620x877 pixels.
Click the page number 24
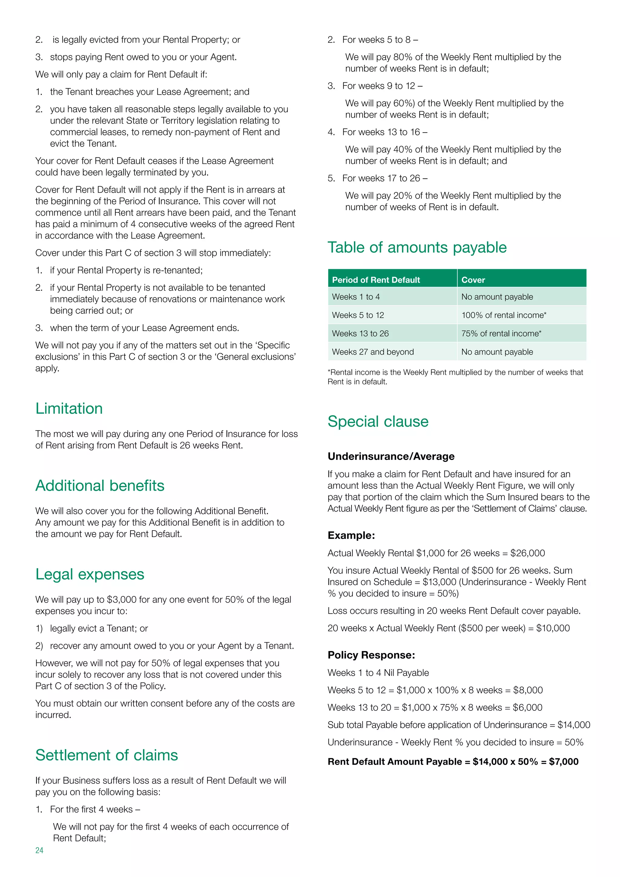[x=39, y=850]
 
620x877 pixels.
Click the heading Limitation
[x=69, y=408]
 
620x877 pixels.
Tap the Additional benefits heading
[x=100, y=485]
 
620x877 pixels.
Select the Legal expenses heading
[x=90, y=574]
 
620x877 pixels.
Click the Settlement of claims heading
[x=107, y=755]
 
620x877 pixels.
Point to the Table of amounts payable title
[x=417, y=247]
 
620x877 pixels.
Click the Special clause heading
[x=378, y=421]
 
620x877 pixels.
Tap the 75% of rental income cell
[x=501, y=333]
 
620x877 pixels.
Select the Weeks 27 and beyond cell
[x=373, y=352]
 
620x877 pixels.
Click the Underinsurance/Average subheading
[x=391, y=456]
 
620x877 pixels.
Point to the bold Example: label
[x=351, y=535]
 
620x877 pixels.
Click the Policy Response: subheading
[x=371, y=655]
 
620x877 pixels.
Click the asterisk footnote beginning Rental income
[x=455, y=377]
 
